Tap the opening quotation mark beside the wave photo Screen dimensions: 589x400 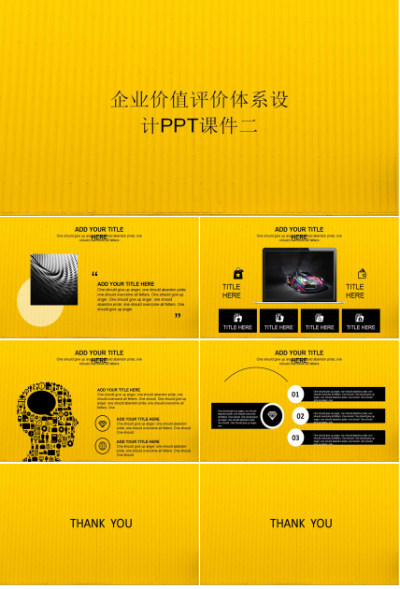(x=94, y=274)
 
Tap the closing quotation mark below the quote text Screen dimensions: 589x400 (x=178, y=316)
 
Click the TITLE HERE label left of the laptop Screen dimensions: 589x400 (x=231, y=291)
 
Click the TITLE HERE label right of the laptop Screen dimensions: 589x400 (x=355, y=291)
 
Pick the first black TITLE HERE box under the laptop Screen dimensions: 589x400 (x=237, y=322)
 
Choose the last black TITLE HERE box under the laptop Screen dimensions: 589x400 (x=360, y=322)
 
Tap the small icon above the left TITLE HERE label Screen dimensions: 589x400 (x=238, y=273)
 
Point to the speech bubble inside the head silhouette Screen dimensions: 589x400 (x=41, y=404)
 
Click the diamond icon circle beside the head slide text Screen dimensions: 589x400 (x=102, y=424)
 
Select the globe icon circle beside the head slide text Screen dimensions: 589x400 (x=102, y=446)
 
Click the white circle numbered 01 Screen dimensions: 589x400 (x=295, y=395)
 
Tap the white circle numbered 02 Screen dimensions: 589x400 (x=301, y=416)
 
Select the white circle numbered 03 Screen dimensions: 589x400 (x=295, y=437)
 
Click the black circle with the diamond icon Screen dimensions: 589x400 (x=272, y=415)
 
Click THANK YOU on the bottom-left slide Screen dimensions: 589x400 (x=100, y=524)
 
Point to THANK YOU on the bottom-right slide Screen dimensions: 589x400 (x=300, y=524)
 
